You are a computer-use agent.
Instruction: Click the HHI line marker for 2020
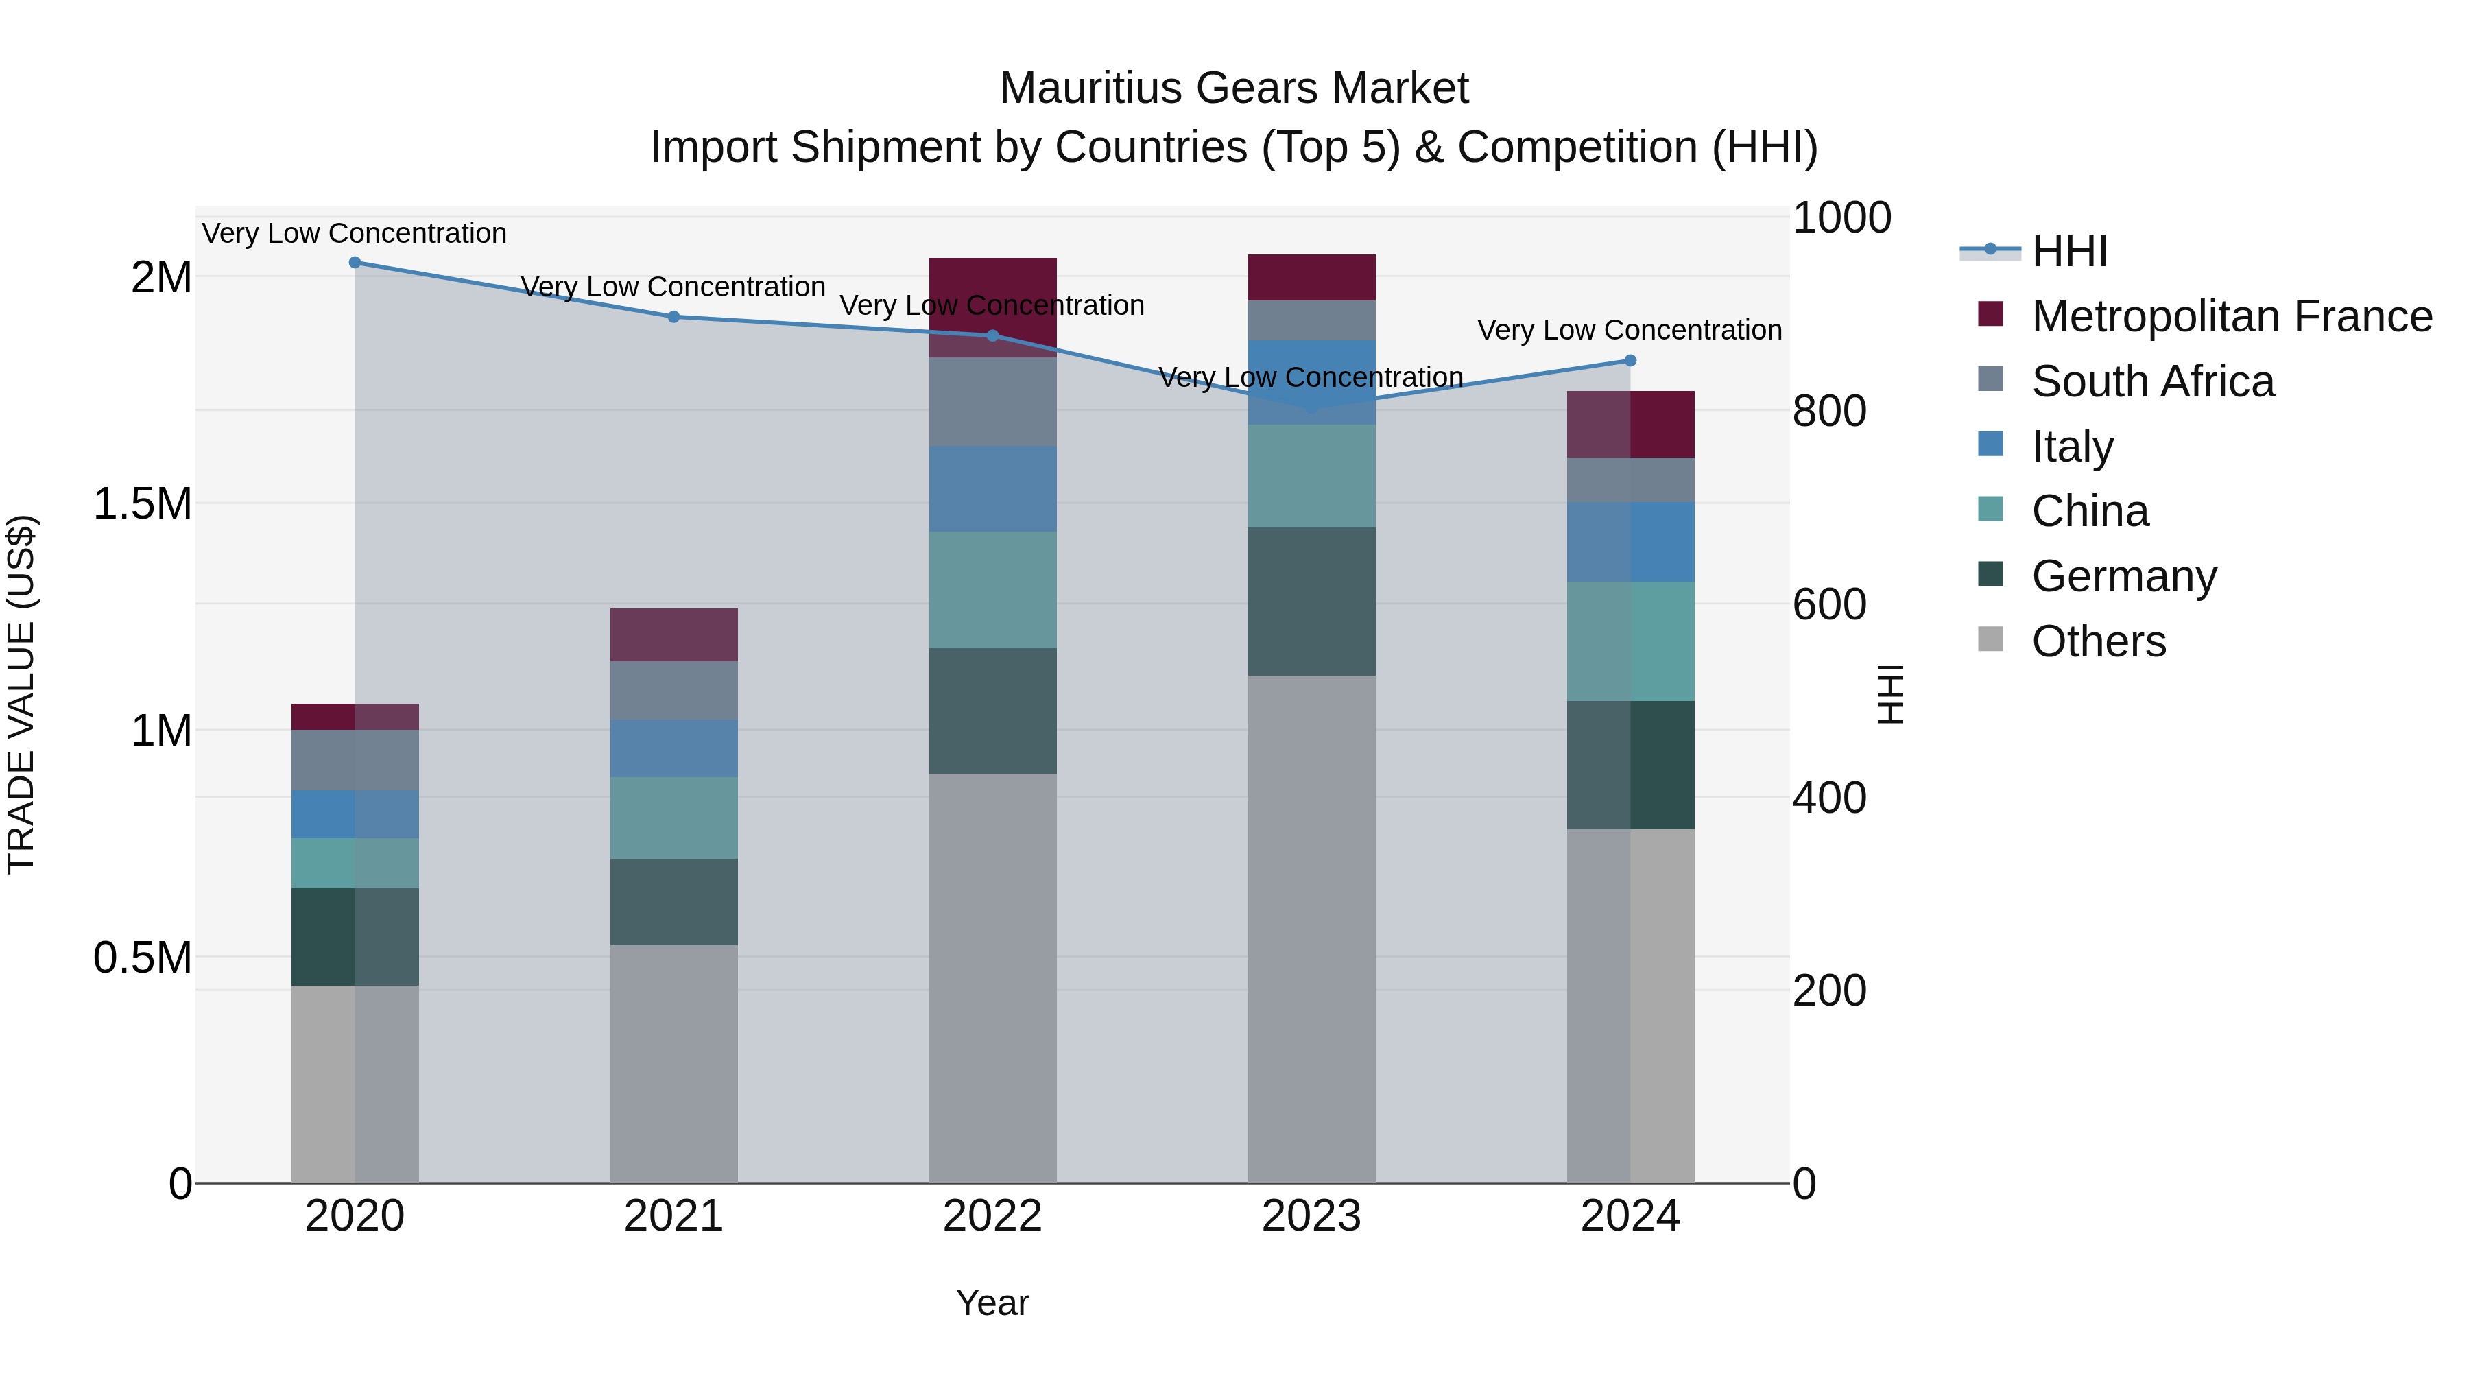click(x=355, y=262)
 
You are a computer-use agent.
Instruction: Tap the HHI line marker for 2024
click(x=1630, y=360)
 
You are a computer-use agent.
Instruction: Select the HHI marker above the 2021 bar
click(x=673, y=316)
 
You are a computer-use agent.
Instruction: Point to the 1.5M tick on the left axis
click(x=142, y=503)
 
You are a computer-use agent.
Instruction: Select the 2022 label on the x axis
click(x=992, y=1216)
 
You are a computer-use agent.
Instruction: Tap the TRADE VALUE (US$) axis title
click(x=21, y=694)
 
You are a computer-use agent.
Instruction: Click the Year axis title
click(x=992, y=1303)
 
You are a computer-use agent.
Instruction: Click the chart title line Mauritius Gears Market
click(x=1234, y=88)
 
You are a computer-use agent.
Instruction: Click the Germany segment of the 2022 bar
click(x=992, y=711)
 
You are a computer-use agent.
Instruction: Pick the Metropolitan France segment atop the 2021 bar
click(x=673, y=634)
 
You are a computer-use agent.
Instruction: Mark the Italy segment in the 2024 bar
click(x=1630, y=542)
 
